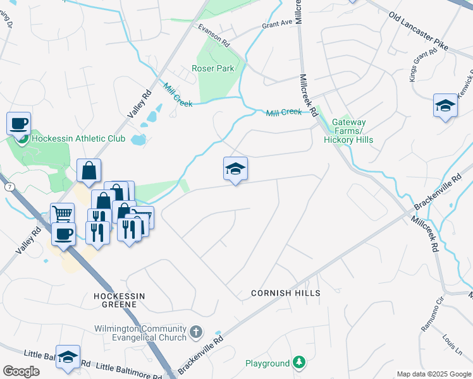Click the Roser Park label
pyautogui.click(x=213, y=69)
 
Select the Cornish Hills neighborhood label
pyautogui.click(x=285, y=293)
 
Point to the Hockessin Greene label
pyautogui.click(x=115, y=299)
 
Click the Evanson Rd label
pyautogui.click(x=213, y=37)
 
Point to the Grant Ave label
pyautogui.click(x=278, y=23)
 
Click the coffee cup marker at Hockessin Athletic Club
pyautogui.click(x=19, y=123)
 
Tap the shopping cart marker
pyautogui.click(x=62, y=214)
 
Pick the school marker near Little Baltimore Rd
pyautogui.click(x=68, y=356)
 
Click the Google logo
pyautogui.click(x=21, y=371)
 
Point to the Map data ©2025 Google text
pyautogui.click(x=433, y=374)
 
